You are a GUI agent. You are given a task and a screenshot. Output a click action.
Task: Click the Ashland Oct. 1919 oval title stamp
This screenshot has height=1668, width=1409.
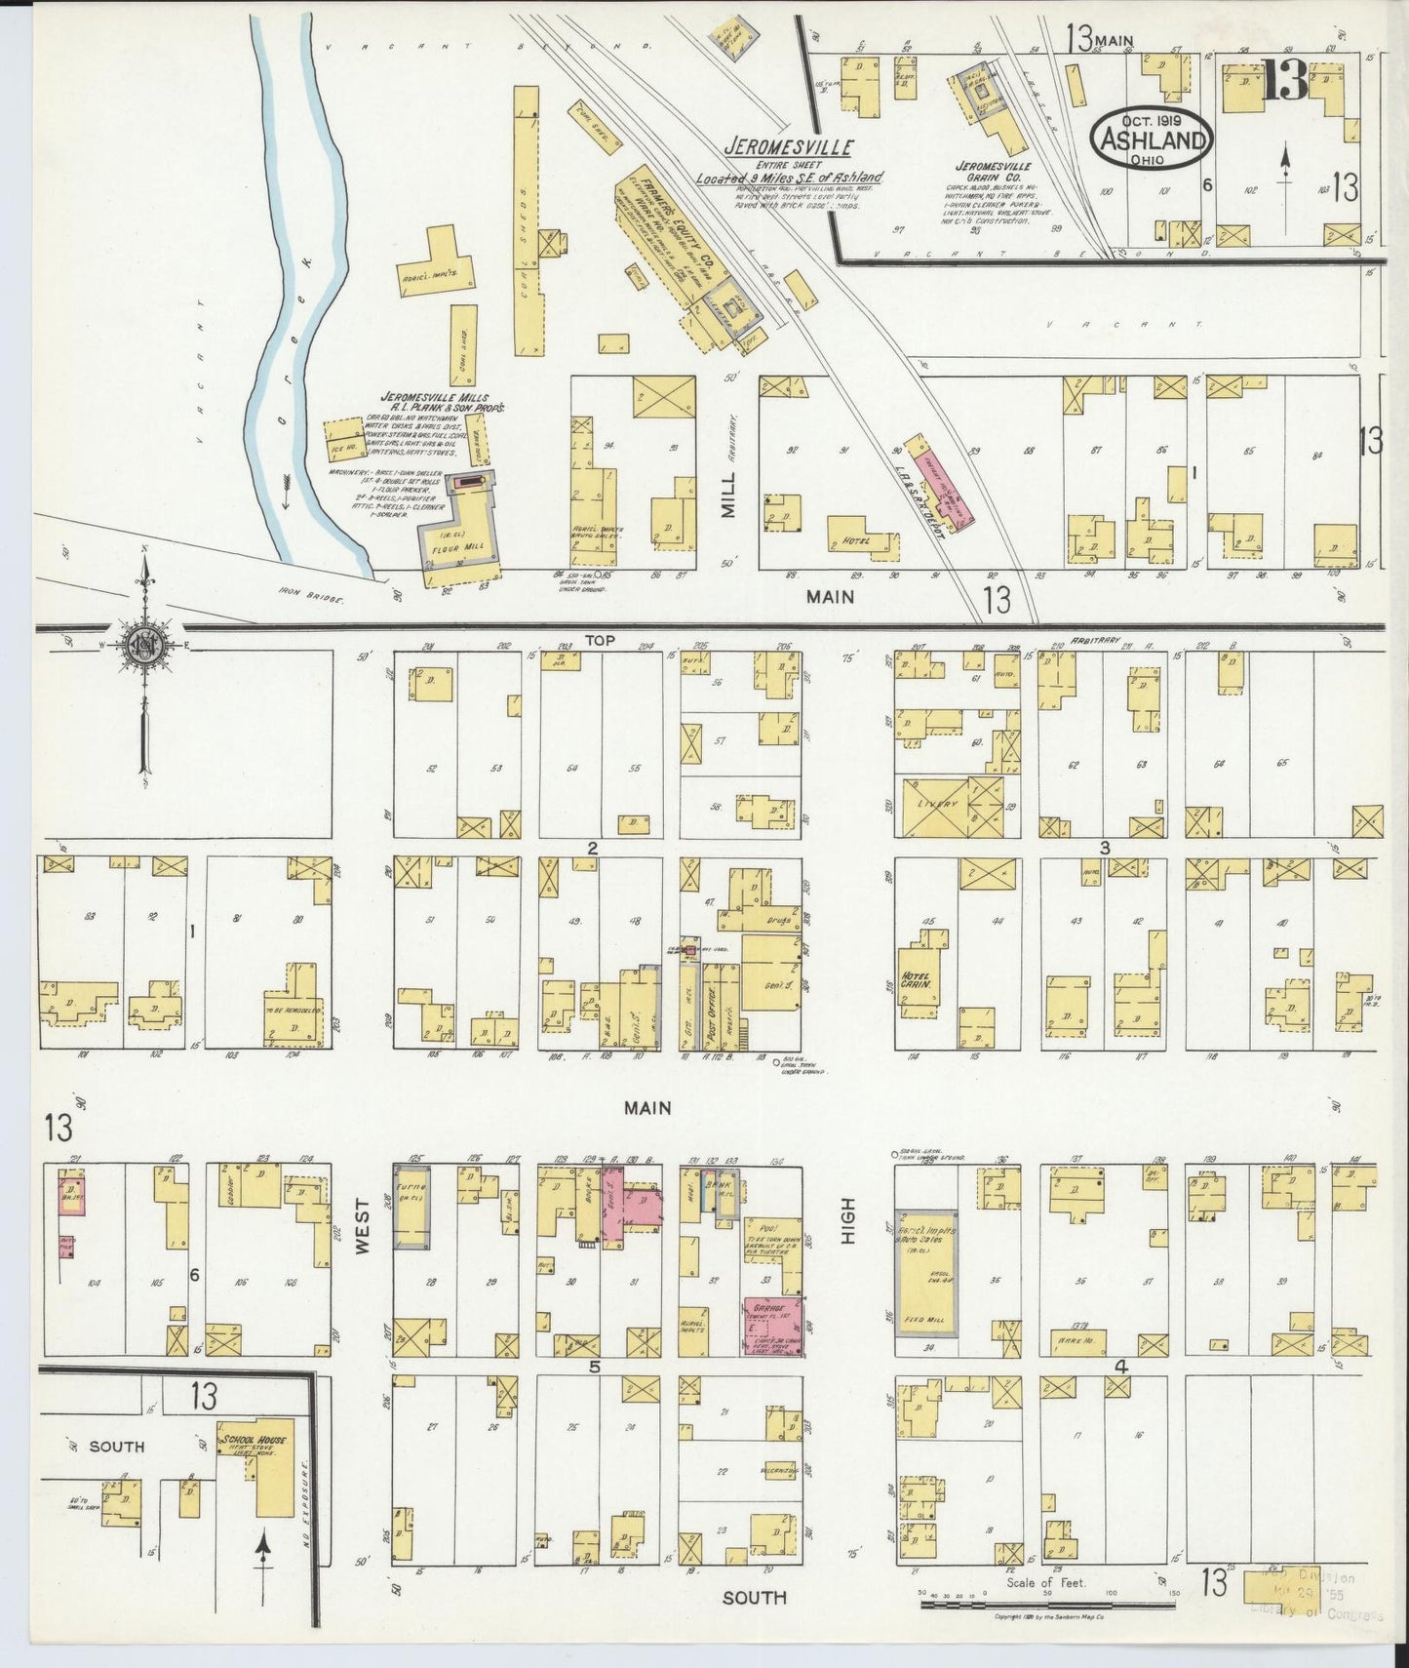(x=1152, y=137)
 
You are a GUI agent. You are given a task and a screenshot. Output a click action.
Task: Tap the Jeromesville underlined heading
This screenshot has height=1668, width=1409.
(x=788, y=148)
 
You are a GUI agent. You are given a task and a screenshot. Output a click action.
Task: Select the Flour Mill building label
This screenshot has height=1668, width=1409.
(x=458, y=548)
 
